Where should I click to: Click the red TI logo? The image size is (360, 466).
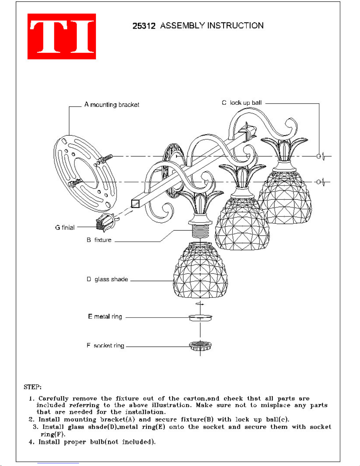coord(62,36)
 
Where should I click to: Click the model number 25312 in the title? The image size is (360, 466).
coord(144,26)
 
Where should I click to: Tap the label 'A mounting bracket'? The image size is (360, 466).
coord(112,105)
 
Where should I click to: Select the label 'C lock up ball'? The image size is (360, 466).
coord(242,103)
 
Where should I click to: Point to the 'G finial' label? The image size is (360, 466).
coord(65,227)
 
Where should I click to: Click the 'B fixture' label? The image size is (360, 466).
coord(99,240)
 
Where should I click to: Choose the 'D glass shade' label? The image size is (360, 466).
coord(107,279)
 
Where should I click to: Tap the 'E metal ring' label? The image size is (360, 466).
coord(105,317)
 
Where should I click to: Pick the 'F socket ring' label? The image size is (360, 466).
coord(106,345)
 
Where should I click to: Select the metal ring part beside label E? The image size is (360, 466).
coord(200,318)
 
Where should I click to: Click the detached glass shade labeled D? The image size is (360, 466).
coord(200,270)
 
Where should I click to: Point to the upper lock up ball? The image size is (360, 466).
coord(319,156)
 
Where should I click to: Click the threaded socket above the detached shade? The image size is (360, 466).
coord(200,231)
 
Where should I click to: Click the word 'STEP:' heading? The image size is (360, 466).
coord(33,387)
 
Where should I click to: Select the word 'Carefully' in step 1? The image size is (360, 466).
coord(53,399)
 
